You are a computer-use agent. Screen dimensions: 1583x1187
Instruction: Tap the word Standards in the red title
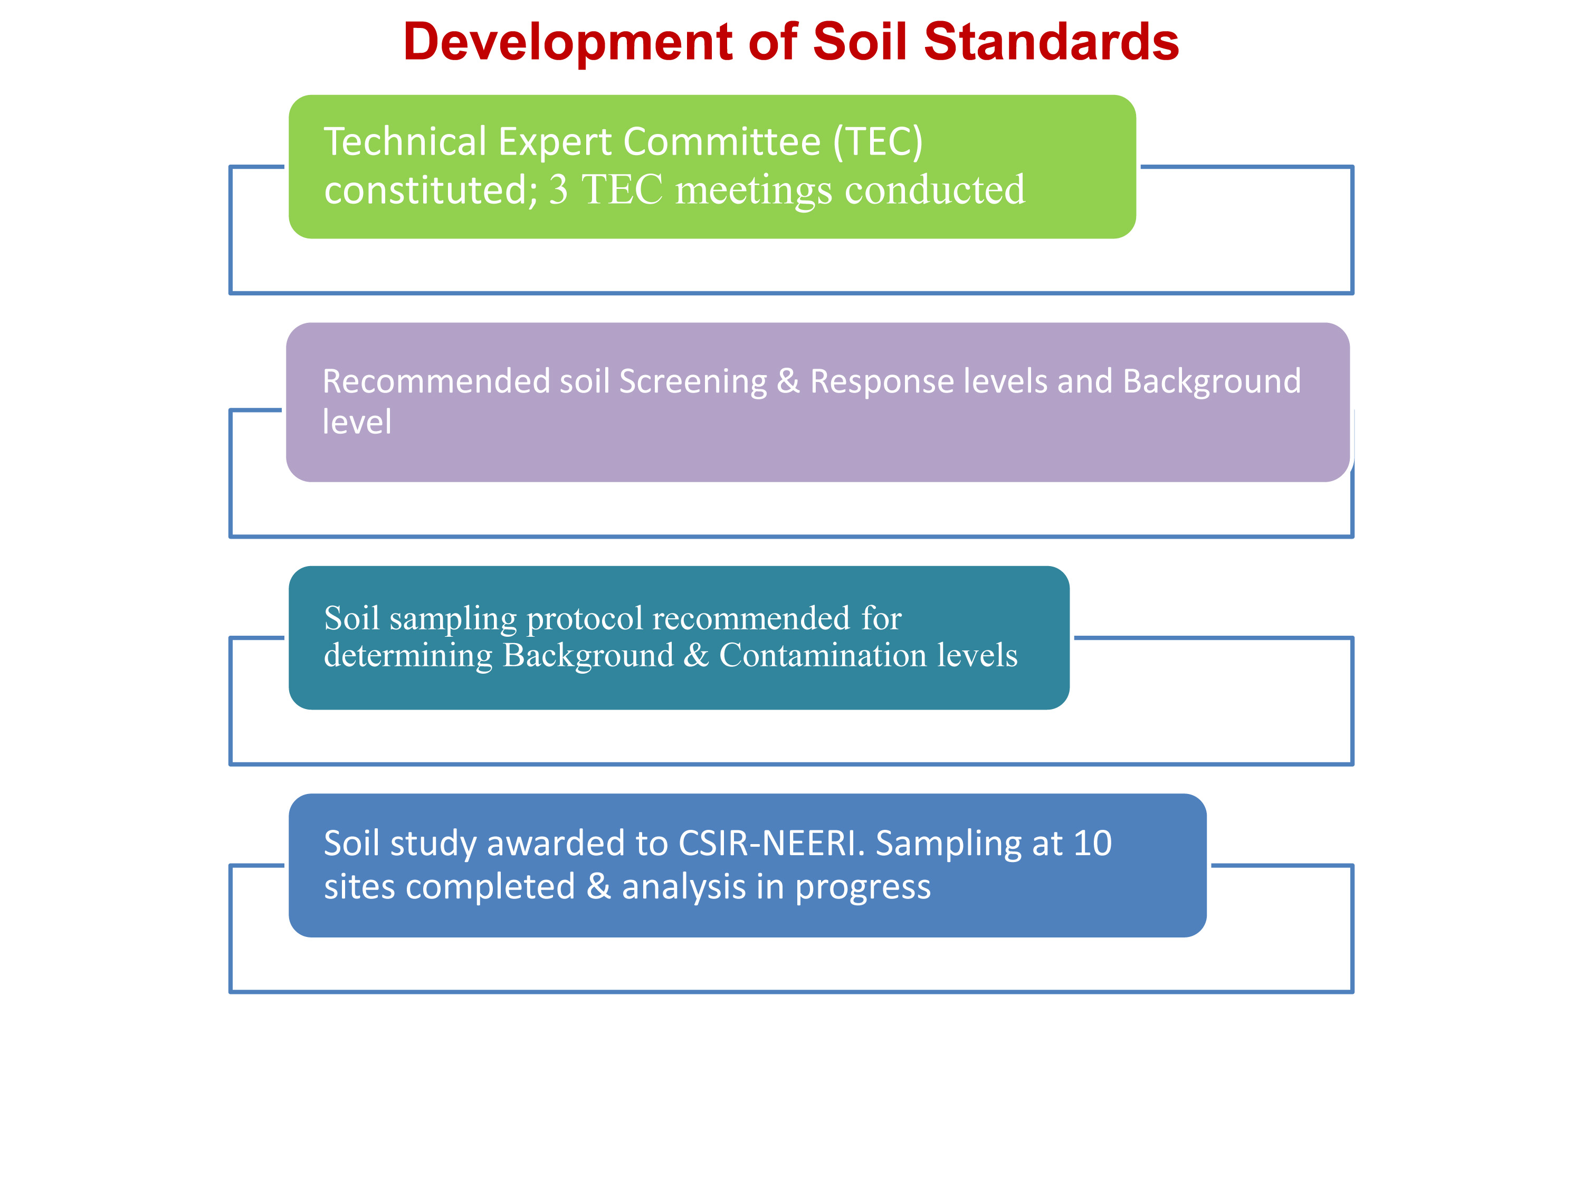click(x=1051, y=42)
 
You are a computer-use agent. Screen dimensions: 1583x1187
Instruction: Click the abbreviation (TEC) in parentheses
click(x=878, y=142)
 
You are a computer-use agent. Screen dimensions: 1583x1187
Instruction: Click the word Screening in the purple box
click(x=693, y=382)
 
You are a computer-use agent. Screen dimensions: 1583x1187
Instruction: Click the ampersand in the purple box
click(x=788, y=381)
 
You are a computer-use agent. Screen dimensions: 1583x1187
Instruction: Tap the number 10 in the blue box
click(x=1092, y=844)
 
